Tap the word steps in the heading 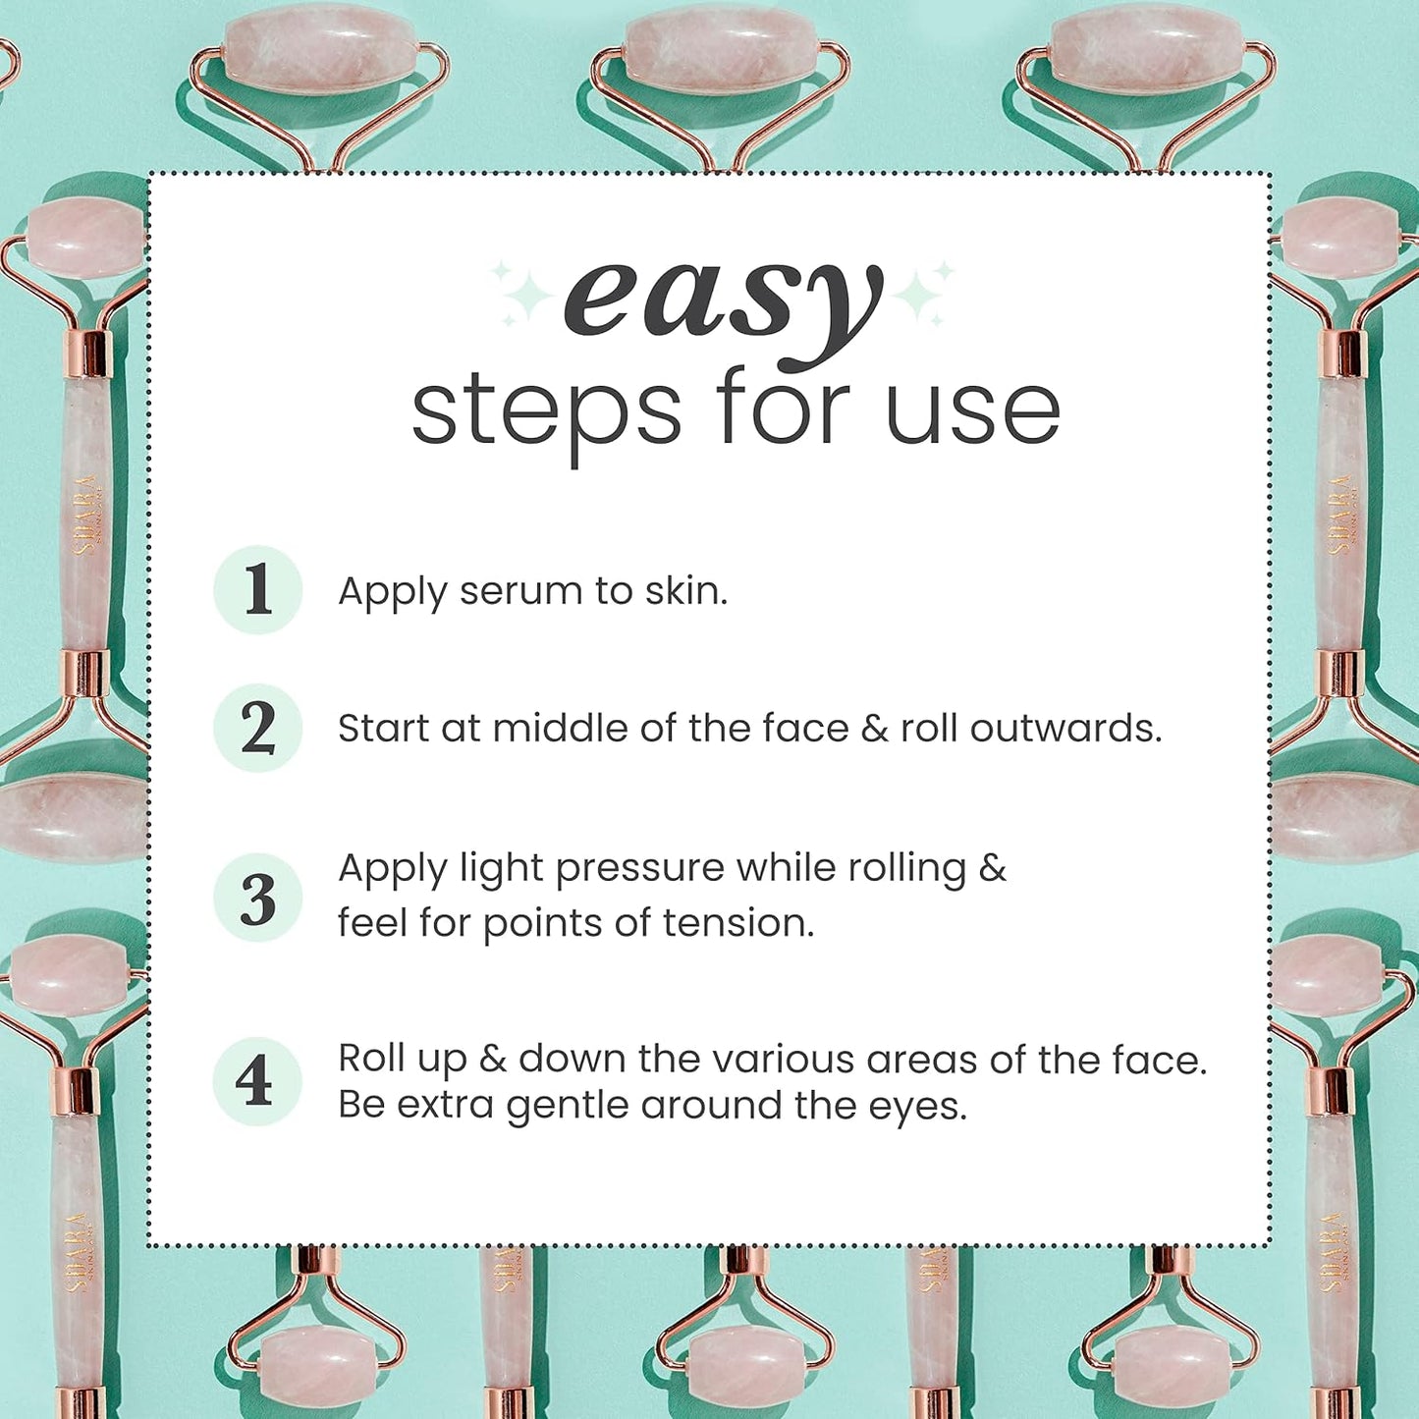tap(545, 410)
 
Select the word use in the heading tap(972, 410)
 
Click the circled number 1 tap(257, 590)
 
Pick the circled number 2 tap(257, 728)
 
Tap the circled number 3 tap(257, 898)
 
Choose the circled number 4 tap(256, 1081)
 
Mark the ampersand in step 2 tap(874, 729)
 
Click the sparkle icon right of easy tap(923, 293)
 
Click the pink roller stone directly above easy tap(721, 49)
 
